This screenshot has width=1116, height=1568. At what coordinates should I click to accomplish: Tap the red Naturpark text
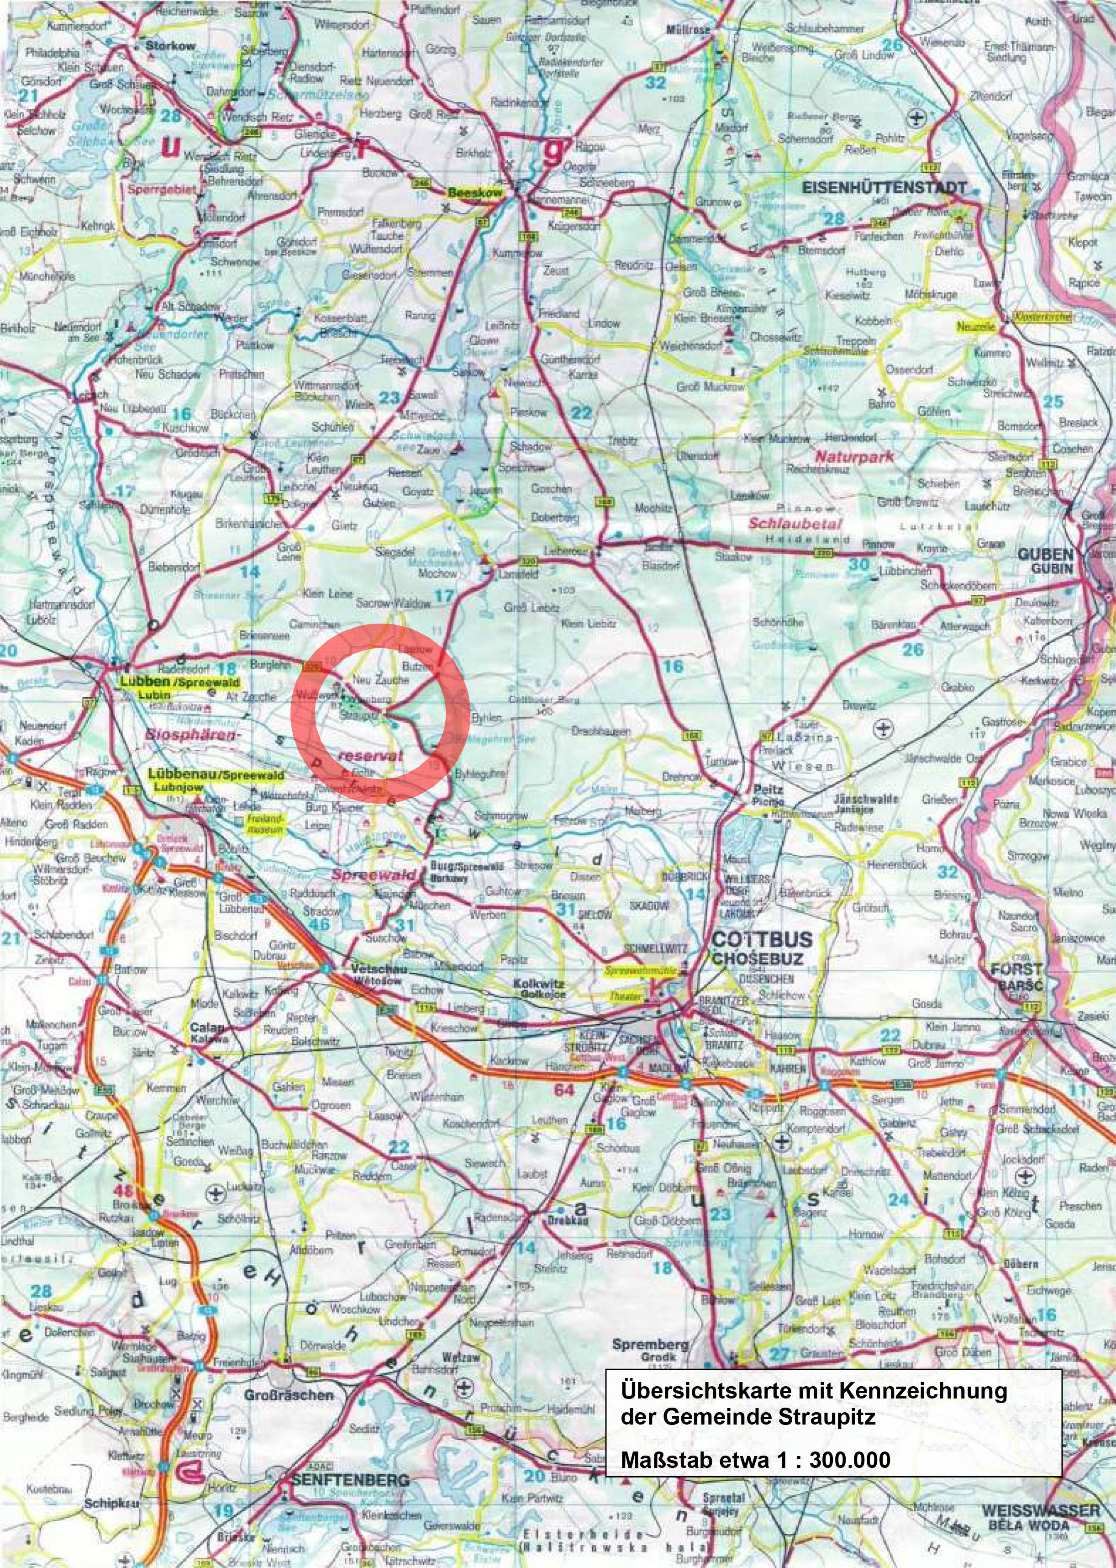(854, 456)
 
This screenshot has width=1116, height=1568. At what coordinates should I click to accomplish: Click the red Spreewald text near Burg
(374, 875)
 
